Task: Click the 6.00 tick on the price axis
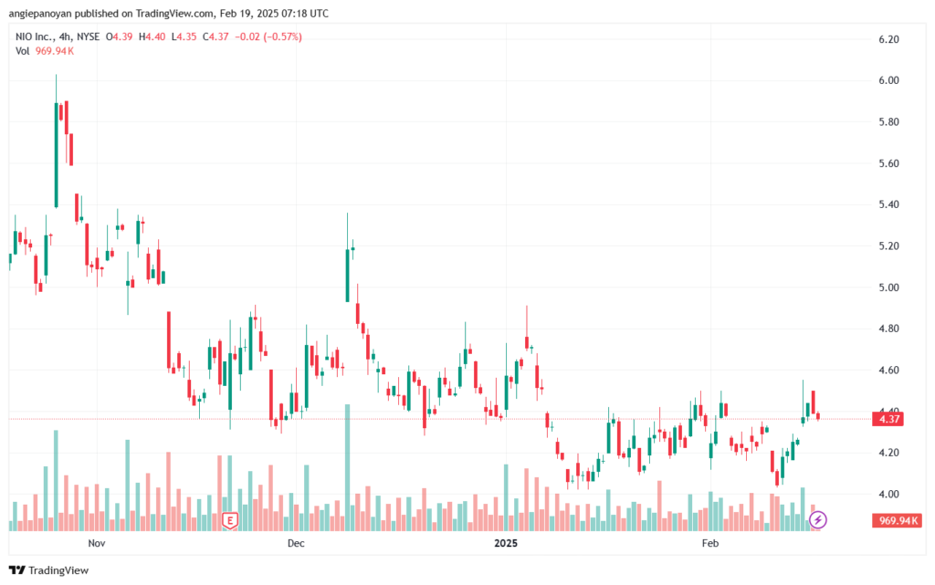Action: (888, 80)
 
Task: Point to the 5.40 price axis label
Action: (888, 204)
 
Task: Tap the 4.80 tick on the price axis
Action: (888, 329)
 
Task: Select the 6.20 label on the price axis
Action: (888, 39)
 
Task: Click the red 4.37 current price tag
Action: (888, 419)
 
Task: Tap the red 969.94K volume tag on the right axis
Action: (897, 521)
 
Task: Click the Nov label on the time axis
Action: (97, 543)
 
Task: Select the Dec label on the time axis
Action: (296, 543)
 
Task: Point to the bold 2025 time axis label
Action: (506, 543)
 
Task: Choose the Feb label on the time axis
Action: (710, 543)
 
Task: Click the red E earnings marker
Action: (229, 521)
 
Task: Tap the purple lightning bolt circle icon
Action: (817, 520)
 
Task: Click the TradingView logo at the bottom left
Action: (49, 570)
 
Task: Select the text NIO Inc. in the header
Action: (34, 37)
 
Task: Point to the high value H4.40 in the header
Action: (152, 37)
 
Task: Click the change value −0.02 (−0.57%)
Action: (268, 37)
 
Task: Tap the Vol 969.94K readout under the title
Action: (45, 51)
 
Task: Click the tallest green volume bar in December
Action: (348, 467)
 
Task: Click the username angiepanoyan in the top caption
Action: (40, 13)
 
